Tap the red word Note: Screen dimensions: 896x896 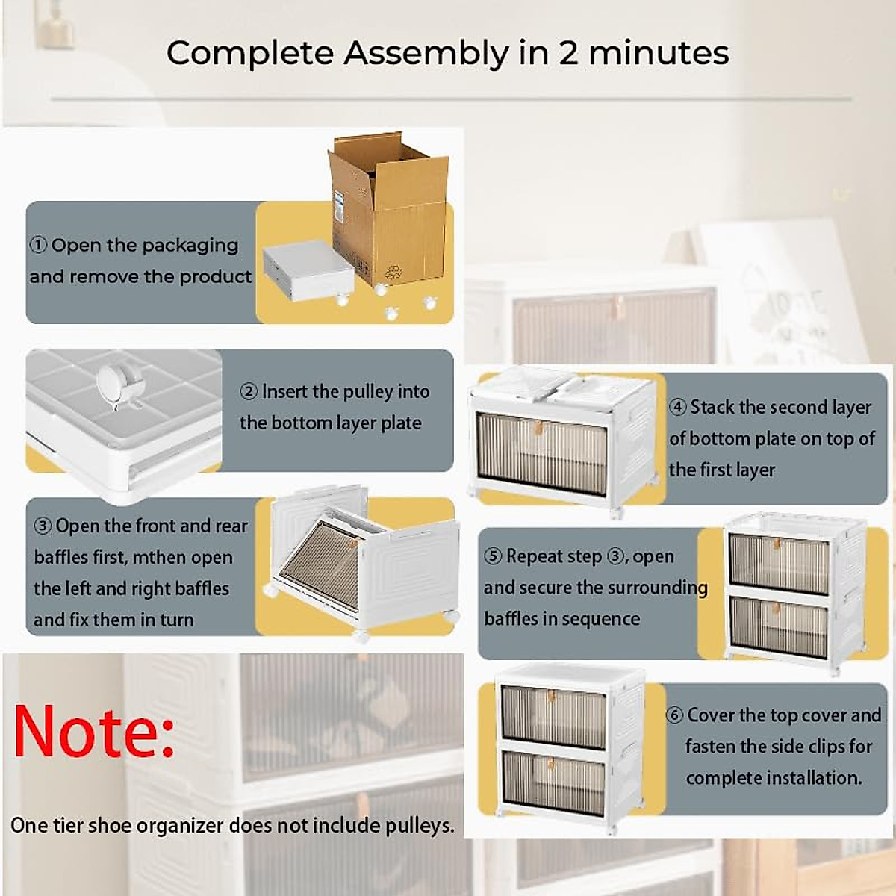click(94, 730)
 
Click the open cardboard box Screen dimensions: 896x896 click(388, 209)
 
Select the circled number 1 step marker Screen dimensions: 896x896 click(39, 246)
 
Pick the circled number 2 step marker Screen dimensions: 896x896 click(249, 392)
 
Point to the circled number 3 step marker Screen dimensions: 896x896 click(43, 526)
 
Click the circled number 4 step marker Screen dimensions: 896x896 click(677, 408)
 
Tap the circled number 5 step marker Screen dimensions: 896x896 click(493, 556)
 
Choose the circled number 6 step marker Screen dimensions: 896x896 click(674, 715)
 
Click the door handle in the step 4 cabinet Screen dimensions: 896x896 click(538, 429)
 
